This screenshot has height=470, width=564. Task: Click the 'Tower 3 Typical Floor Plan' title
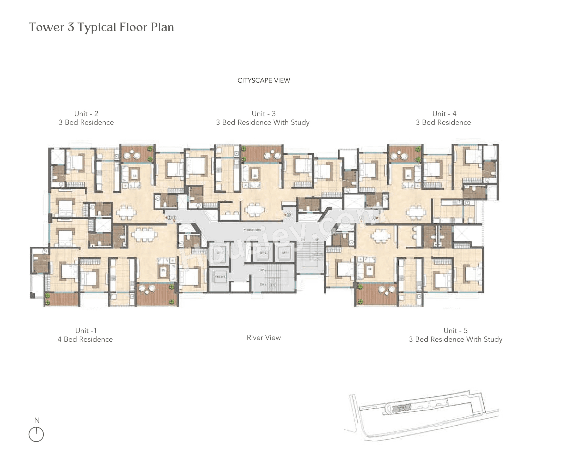pos(101,27)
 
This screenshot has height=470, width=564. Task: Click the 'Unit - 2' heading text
pos(86,114)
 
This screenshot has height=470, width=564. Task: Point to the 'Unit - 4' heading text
pos(444,114)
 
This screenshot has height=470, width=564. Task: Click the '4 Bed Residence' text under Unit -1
pos(85,339)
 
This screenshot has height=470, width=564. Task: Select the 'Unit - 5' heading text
pos(455,330)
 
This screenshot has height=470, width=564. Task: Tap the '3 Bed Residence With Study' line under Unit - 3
pos(262,122)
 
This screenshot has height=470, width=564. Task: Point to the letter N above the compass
pos(37,420)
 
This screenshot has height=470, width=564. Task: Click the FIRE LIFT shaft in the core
pos(219,276)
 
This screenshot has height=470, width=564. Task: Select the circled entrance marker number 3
pos(288,215)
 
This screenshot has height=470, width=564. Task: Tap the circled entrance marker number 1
pos(174,218)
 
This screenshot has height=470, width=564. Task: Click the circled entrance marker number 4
pos(373,218)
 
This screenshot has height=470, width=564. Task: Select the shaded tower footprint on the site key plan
pos(402,408)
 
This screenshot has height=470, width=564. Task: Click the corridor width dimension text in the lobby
pos(252,230)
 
